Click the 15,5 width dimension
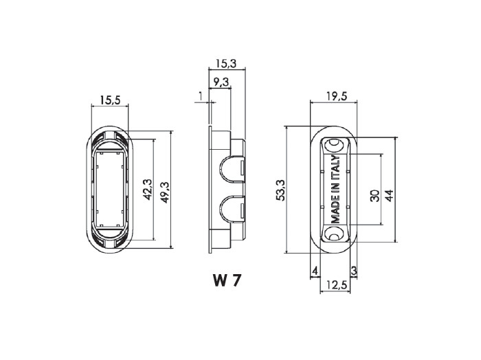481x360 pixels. (x=110, y=100)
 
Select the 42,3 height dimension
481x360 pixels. (x=148, y=190)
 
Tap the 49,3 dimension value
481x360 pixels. (x=166, y=192)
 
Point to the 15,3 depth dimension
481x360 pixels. (x=226, y=63)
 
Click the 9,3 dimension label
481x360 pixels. (x=221, y=82)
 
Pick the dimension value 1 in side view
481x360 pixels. (x=201, y=96)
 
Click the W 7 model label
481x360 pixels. (x=227, y=280)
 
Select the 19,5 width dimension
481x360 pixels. (x=337, y=96)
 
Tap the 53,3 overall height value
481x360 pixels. (x=280, y=190)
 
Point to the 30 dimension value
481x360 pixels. (x=374, y=196)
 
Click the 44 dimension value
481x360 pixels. (x=390, y=196)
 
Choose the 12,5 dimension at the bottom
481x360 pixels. (x=337, y=285)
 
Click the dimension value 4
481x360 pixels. (x=315, y=271)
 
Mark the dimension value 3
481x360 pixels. (x=354, y=271)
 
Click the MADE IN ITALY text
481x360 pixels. (x=335, y=189)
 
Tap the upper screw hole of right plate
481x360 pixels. (x=334, y=145)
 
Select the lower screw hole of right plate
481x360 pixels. (x=334, y=234)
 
